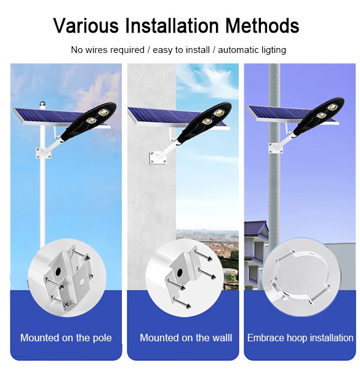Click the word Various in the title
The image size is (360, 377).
pyautogui.click(x=86, y=26)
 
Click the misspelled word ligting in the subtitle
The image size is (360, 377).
pyautogui.click(x=273, y=50)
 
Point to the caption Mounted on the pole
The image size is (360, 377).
pyautogui.click(x=66, y=338)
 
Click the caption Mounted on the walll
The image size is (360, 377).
pyautogui.click(x=186, y=338)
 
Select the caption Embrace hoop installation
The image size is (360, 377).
pyautogui.click(x=300, y=338)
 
